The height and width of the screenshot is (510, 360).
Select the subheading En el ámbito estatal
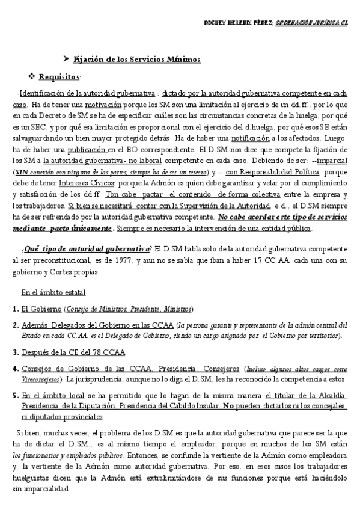click(x=53, y=292)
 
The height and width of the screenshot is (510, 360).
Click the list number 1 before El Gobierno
click(x=14, y=309)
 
